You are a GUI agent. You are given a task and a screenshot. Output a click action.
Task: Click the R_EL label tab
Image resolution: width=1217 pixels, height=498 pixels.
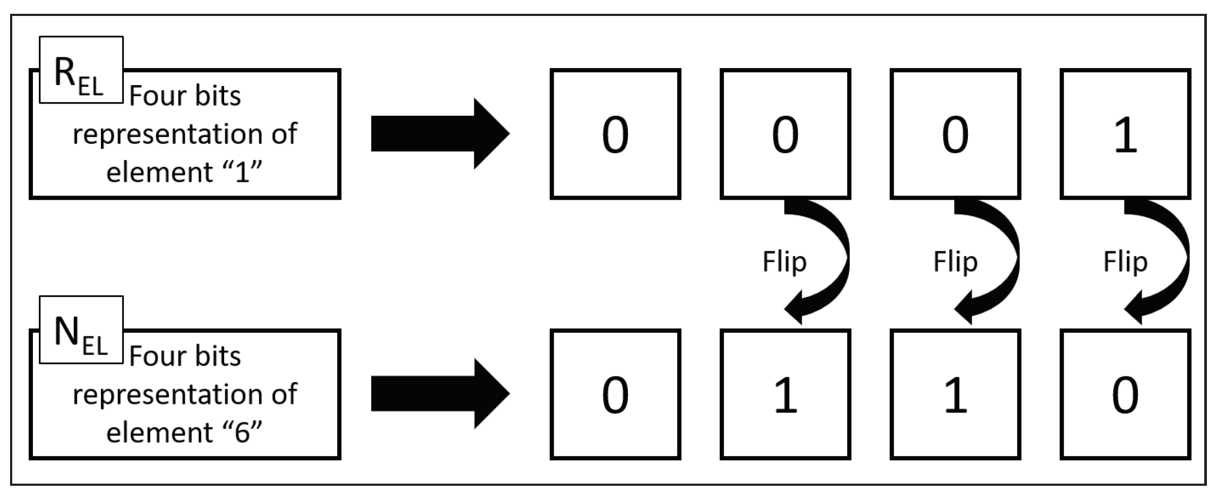[x=81, y=70]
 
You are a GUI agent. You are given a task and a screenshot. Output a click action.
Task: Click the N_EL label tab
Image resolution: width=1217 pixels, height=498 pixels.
[x=81, y=330]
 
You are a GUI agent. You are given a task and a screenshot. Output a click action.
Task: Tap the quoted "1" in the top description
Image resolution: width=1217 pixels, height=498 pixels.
[x=242, y=172]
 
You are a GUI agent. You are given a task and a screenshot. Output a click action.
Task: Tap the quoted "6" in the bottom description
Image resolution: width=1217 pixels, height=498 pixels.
[x=242, y=432]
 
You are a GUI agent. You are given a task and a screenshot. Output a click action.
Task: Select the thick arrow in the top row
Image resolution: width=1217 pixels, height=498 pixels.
[x=440, y=133]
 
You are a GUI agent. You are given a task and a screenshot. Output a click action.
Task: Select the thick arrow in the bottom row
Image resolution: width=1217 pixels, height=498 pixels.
[x=440, y=394]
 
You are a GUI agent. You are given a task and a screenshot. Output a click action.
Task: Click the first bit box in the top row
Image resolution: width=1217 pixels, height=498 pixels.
[x=615, y=134]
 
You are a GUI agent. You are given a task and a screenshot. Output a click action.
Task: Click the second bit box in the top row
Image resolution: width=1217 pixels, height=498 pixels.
[x=785, y=134]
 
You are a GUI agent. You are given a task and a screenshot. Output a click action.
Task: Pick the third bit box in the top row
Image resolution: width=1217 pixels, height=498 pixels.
[x=955, y=134]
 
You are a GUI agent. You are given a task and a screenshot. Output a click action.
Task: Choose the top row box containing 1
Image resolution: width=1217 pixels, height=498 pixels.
[x=1125, y=134]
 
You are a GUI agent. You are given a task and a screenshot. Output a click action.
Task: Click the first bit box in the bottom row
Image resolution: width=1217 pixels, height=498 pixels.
[x=615, y=394]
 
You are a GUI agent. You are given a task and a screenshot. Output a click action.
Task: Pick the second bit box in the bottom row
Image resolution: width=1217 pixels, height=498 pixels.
[x=785, y=394]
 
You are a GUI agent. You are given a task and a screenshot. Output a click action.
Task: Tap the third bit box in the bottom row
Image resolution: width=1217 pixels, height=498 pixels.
[x=955, y=394]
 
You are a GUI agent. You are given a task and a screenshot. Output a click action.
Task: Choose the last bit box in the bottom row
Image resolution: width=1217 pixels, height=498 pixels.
[x=1125, y=394]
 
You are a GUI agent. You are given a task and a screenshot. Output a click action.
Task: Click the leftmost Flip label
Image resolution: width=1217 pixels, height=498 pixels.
[x=784, y=261]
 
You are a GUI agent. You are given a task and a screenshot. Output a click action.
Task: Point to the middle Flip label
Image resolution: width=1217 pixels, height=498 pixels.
[x=955, y=261]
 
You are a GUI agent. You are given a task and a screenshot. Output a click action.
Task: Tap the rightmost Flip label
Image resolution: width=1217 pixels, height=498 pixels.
[x=1125, y=261]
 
